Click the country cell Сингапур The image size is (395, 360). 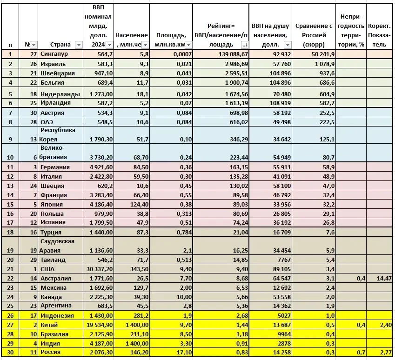54,54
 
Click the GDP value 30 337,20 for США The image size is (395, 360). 98,268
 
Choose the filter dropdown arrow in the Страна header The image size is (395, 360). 79,45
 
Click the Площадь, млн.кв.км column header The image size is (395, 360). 171,40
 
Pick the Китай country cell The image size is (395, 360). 49,324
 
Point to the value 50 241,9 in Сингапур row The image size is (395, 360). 320,54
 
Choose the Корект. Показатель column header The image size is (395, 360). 380,35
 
